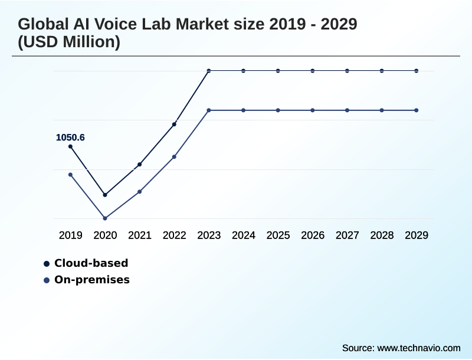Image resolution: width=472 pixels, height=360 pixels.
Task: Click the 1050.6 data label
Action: click(x=70, y=138)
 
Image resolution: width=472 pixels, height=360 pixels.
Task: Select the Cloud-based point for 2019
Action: click(x=70, y=146)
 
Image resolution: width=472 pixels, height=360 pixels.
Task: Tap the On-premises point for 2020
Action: click(x=105, y=218)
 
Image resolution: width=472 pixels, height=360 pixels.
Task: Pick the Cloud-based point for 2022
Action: click(x=174, y=124)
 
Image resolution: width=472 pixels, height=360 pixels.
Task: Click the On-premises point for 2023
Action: click(x=209, y=110)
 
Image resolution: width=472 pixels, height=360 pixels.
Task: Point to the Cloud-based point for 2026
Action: click(x=313, y=71)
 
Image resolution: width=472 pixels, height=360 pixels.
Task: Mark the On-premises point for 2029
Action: click(x=417, y=110)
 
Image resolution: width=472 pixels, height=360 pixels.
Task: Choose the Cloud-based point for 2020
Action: click(x=105, y=195)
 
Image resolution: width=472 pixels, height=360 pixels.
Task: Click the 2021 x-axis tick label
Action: click(x=140, y=235)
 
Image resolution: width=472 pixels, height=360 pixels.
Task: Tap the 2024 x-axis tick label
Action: click(x=244, y=235)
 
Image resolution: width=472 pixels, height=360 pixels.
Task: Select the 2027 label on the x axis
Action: click(x=348, y=235)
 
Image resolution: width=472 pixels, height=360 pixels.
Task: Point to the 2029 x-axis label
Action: click(x=417, y=235)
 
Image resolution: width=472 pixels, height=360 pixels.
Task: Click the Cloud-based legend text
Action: click(x=91, y=263)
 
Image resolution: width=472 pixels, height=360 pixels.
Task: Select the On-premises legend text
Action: click(x=92, y=280)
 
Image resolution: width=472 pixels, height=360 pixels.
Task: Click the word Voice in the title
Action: click(x=125, y=25)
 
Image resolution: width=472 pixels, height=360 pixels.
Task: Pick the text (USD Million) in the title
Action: click(x=69, y=42)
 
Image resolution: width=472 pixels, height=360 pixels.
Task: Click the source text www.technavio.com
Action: click(x=419, y=348)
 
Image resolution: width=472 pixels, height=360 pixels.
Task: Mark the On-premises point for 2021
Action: click(x=140, y=192)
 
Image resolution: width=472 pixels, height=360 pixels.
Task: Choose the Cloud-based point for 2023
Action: click(x=209, y=71)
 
